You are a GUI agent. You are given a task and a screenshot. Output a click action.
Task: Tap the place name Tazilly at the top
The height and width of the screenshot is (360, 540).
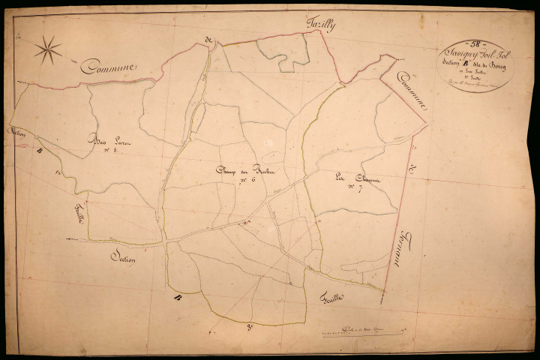321,25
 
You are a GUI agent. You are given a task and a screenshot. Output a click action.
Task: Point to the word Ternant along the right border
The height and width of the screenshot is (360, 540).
396,251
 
